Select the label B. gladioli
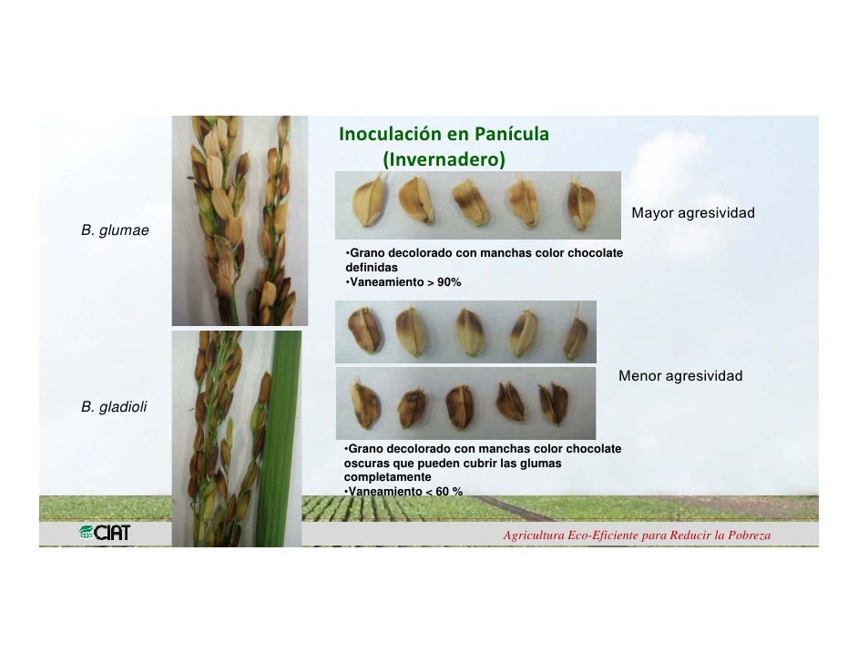click(114, 407)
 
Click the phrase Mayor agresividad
click(693, 213)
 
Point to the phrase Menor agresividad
click(680, 376)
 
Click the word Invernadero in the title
click(444, 159)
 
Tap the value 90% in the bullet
click(449, 282)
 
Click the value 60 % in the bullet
click(446, 492)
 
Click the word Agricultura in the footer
click(533, 535)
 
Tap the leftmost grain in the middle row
click(364, 329)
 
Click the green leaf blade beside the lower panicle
click(288, 428)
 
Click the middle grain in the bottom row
click(458, 404)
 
